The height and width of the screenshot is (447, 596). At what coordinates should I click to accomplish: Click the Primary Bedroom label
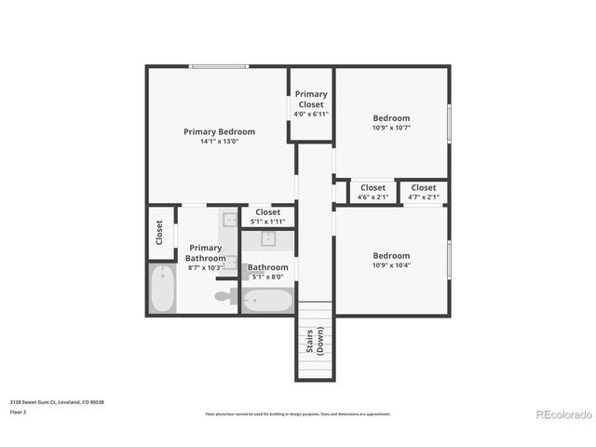tap(219, 132)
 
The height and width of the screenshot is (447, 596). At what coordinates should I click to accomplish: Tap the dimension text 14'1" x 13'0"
tap(219, 142)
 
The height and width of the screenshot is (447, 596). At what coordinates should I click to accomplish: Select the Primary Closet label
tap(311, 99)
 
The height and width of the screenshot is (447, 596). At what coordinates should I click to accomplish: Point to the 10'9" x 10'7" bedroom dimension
tap(391, 128)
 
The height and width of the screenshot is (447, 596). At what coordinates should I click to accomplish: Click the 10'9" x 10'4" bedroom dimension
tap(391, 265)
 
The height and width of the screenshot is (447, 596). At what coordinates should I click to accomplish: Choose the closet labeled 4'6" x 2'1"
tap(372, 192)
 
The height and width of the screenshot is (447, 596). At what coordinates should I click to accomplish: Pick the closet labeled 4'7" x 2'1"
tap(424, 192)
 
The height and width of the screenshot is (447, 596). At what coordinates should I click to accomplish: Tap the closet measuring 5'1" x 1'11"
tap(267, 217)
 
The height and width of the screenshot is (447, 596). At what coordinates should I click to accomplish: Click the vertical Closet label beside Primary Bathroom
tap(159, 233)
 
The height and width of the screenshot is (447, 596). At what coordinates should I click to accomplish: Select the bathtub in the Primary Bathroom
tap(162, 289)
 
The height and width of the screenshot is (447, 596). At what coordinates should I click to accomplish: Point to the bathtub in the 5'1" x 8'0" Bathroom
tap(267, 301)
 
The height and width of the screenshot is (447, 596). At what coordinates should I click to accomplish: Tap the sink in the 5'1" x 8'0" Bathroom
tap(267, 238)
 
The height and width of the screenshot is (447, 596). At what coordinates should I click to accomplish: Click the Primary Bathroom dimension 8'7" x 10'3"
tap(205, 267)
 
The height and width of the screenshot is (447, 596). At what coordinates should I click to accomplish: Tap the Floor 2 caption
tap(19, 411)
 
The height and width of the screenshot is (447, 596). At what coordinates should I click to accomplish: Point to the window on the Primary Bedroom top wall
tap(219, 66)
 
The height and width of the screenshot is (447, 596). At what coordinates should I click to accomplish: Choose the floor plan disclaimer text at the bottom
tap(298, 413)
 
